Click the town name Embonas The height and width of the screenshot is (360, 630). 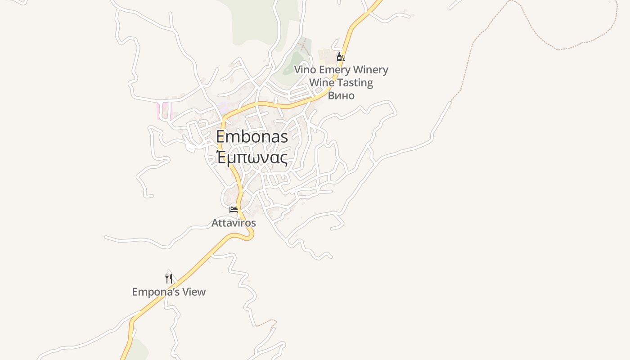pyautogui.click(x=252, y=136)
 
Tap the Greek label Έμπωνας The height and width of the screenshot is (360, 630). pyautogui.click(x=252, y=158)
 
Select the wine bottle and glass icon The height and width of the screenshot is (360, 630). pyautogui.click(x=341, y=57)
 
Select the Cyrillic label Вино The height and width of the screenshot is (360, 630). pyautogui.click(x=341, y=95)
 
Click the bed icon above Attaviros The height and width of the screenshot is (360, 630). pyautogui.click(x=233, y=210)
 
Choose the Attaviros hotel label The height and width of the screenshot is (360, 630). pyautogui.click(x=234, y=223)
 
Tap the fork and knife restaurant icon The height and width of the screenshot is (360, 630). pyautogui.click(x=169, y=279)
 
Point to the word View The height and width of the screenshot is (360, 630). pyautogui.click(x=193, y=292)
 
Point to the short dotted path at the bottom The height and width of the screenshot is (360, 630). pyautogui.click(x=266, y=322)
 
